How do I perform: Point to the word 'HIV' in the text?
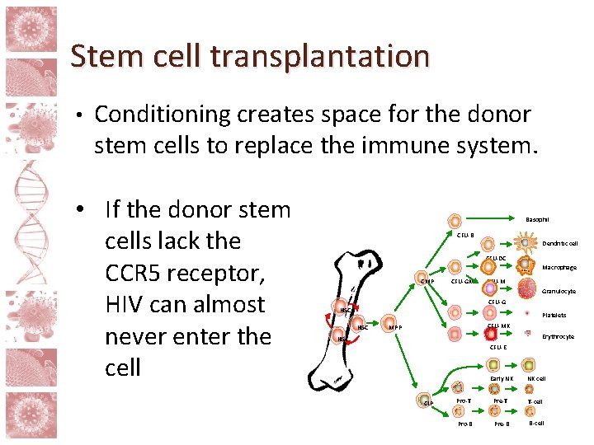click(128, 304)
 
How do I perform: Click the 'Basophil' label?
click(538, 219)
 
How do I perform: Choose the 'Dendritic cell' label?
click(560, 244)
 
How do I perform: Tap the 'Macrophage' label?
click(559, 267)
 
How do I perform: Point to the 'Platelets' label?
click(554, 315)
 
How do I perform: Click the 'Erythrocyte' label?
click(558, 336)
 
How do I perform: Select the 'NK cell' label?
click(536, 378)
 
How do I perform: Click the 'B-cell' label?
click(536, 424)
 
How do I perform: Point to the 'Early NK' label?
click(502, 378)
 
